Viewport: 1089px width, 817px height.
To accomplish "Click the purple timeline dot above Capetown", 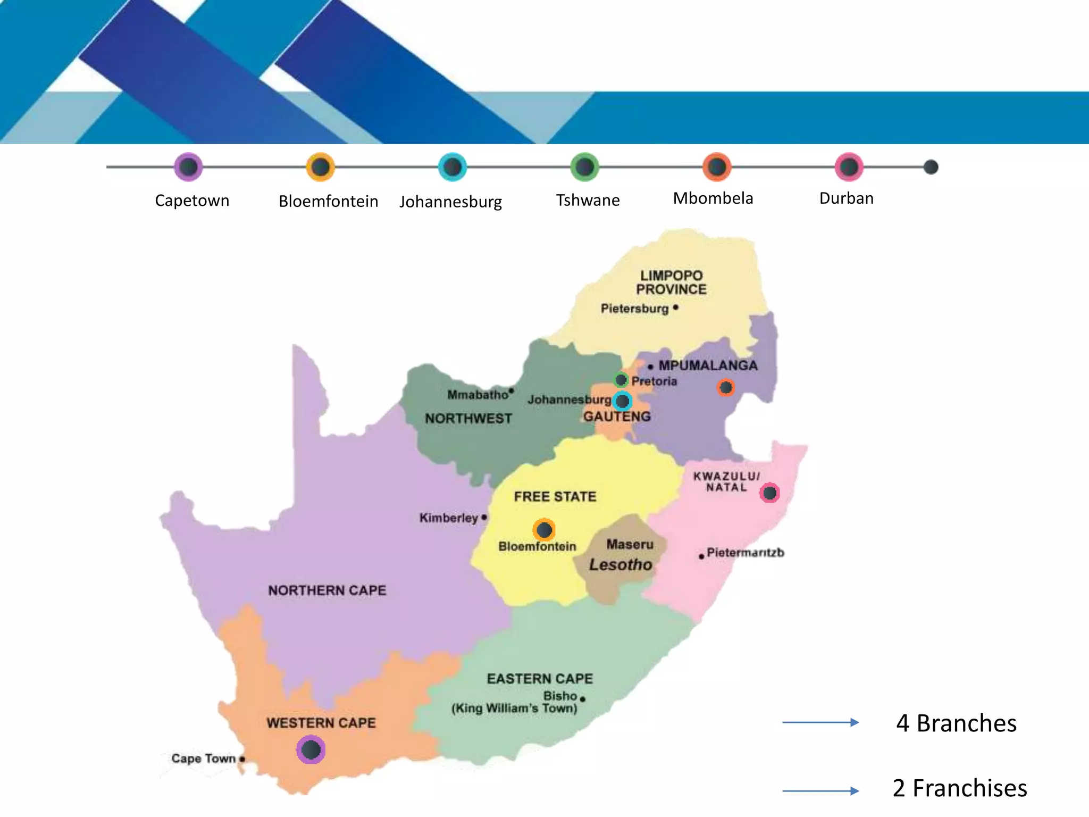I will [188, 167].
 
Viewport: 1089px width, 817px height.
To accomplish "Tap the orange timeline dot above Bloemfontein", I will [320, 167].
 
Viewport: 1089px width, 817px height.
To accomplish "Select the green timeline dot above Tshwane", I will [584, 167].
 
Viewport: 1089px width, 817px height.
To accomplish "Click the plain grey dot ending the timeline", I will [931, 167].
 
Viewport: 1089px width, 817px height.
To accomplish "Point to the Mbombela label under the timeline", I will [713, 198].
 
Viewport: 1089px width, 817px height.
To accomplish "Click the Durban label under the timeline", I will [846, 198].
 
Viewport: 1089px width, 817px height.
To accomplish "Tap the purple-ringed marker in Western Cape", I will [311, 749].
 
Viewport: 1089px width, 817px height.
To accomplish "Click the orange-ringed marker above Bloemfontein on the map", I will [544, 530].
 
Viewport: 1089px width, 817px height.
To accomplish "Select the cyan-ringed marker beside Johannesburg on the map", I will [622, 401].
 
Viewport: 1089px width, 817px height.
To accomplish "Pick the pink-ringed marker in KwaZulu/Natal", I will [769, 493].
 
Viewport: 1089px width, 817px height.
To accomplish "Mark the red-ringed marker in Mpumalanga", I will [725, 387].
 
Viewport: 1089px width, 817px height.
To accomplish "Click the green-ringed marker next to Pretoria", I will [621, 380].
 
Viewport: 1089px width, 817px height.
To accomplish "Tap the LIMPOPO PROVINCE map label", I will [671, 282].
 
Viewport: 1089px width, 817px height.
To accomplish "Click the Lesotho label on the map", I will [620, 565].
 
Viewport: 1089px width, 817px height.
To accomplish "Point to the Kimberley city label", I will [448, 518].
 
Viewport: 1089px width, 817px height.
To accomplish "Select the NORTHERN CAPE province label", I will [327, 590].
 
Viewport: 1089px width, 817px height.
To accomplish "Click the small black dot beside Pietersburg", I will [675, 307].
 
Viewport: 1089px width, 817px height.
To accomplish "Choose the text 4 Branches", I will [956, 723].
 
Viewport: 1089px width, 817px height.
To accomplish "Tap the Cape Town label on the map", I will [203, 758].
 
